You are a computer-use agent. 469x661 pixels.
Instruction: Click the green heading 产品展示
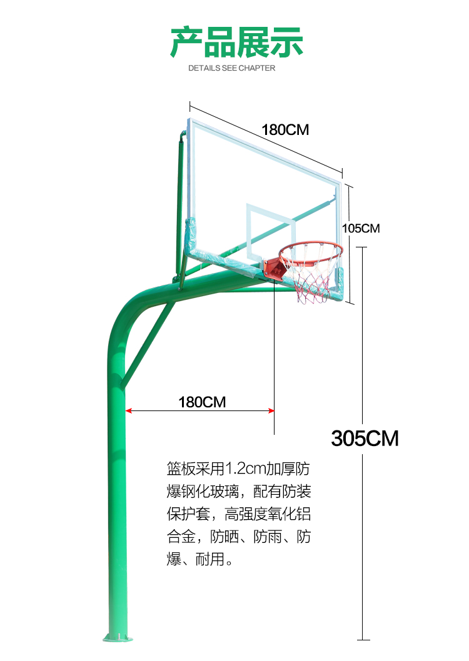[x=236, y=42]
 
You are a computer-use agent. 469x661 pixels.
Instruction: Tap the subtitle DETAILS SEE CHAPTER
[x=231, y=68]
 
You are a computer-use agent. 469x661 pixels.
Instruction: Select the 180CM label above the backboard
[x=285, y=130]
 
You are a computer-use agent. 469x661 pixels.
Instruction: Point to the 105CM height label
[x=361, y=229]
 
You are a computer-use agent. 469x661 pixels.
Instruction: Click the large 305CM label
[x=365, y=439]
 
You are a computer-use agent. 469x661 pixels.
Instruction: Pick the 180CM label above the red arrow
[x=202, y=402]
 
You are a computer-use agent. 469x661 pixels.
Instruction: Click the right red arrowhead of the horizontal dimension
[x=271, y=410]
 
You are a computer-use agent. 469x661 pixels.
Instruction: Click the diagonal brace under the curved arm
[x=148, y=344]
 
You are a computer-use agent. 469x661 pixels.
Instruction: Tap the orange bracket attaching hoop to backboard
[x=275, y=268]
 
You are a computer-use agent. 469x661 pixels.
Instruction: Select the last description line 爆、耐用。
[x=200, y=559]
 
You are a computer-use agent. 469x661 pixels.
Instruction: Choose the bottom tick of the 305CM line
[x=363, y=640]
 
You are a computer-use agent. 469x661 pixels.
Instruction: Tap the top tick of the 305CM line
[x=361, y=247]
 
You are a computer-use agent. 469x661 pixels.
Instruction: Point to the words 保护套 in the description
[x=188, y=514]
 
